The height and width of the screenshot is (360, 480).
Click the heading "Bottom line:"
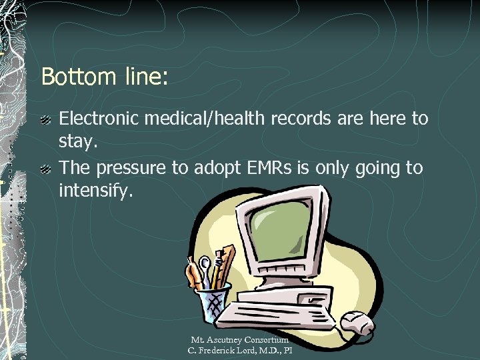point(105,76)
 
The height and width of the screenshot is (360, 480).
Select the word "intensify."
point(96,192)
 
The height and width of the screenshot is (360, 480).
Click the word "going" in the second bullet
point(373,168)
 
